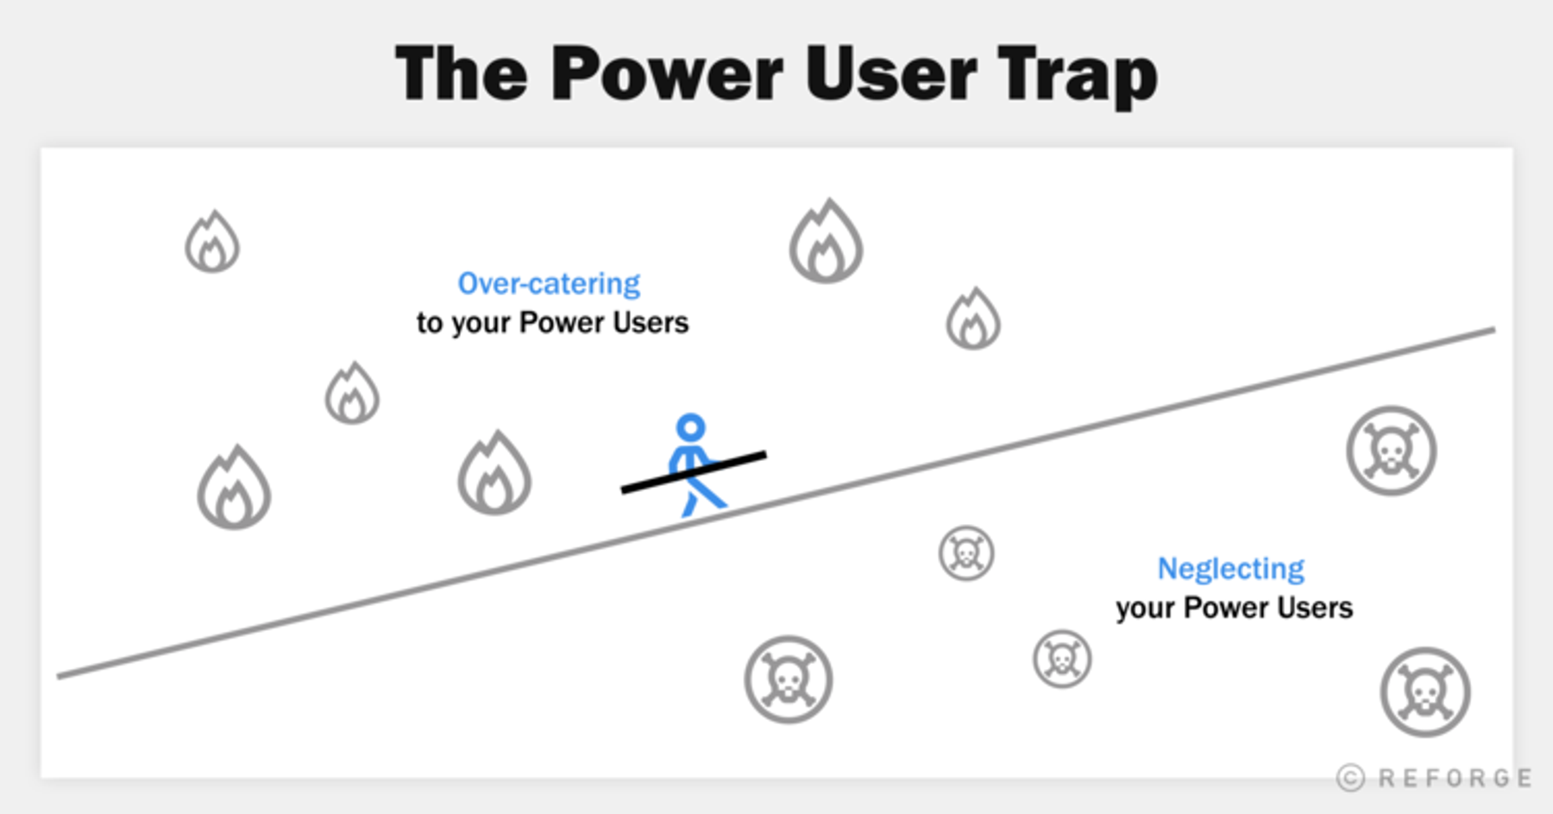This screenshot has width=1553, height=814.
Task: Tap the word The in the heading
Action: (x=462, y=74)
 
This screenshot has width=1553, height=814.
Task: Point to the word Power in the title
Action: (x=667, y=74)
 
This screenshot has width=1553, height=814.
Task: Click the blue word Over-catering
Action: (x=549, y=283)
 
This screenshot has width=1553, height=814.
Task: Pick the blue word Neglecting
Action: (x=1230, y=568)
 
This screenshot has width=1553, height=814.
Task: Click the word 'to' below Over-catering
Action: (x=429, y=323)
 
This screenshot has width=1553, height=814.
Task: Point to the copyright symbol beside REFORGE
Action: (x=1350, y=778)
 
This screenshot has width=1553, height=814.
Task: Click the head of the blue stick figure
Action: (x=690, y=427)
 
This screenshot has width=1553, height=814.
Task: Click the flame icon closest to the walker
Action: (x=494, y=474)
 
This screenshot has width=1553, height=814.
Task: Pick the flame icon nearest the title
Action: (x=826, y=243)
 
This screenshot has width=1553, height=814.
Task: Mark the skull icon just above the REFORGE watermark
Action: (x=1424, y=692)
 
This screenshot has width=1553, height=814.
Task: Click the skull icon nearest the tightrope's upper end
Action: (x=1391, y=451)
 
